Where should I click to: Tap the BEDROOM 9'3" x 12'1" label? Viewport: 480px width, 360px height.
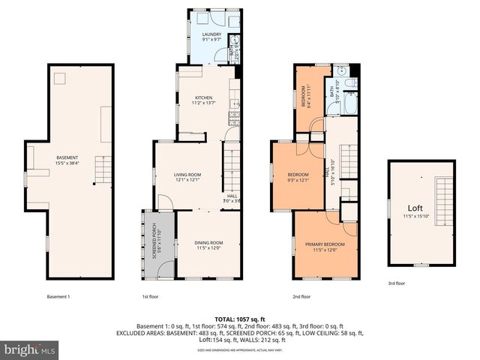point(298,178)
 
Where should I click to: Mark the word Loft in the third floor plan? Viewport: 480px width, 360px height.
point(415,208)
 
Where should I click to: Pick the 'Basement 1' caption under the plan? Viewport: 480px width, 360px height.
point(58,296)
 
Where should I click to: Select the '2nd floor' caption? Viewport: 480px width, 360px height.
point(301,296)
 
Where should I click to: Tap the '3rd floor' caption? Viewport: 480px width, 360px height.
point(397,283)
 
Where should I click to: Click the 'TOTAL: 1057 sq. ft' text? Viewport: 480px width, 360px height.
point(239,319)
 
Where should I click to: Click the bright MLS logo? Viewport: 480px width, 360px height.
point(30,349)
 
